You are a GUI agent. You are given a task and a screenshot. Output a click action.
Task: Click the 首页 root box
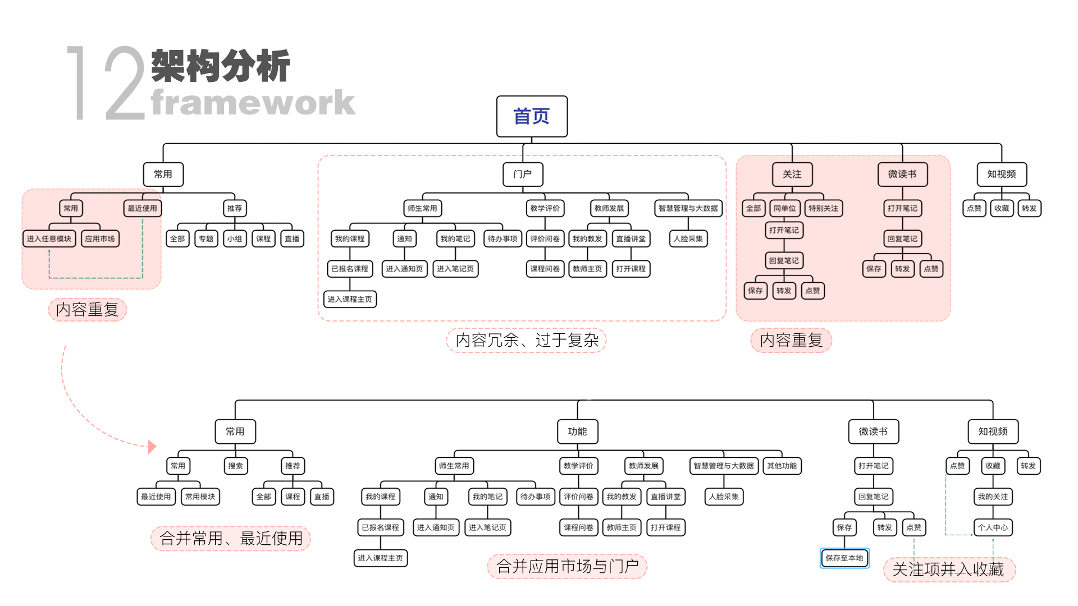pos(531,116)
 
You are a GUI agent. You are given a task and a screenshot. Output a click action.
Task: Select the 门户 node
pos(522,174)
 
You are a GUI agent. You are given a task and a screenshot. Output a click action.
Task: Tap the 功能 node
pos(577,431)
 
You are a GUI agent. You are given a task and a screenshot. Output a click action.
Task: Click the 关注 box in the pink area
pos(792,174)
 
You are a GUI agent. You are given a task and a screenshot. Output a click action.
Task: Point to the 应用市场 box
pos(100,238)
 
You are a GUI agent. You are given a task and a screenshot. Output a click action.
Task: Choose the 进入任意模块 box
pos(49,238)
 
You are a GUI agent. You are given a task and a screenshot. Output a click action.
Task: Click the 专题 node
pos(206,238)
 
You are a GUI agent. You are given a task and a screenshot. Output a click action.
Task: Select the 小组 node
pos(235,238)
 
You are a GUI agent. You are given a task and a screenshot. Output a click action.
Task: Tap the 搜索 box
pos(235,466)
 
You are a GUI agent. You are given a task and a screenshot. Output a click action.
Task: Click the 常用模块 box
pos(200,497)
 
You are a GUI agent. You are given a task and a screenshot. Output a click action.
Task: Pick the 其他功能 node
pos(782,466)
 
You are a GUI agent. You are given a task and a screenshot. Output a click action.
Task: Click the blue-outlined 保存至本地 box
pos(844,558)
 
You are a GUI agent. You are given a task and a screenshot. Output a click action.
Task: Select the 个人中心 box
pos(993,527)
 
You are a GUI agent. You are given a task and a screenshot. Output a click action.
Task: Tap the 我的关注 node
pos(993,497)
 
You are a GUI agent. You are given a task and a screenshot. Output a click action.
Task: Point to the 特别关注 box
pos(823,208)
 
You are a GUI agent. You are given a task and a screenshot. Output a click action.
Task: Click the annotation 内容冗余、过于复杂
pos(527,340)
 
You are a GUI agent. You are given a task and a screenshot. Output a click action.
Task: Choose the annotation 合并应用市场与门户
pos(567,566)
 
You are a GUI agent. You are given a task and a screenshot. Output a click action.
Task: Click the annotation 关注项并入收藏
pos(948,570)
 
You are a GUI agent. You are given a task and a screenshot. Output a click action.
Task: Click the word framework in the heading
pos(253,102)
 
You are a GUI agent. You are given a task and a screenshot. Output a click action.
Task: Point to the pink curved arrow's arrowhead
pos(152,447)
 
